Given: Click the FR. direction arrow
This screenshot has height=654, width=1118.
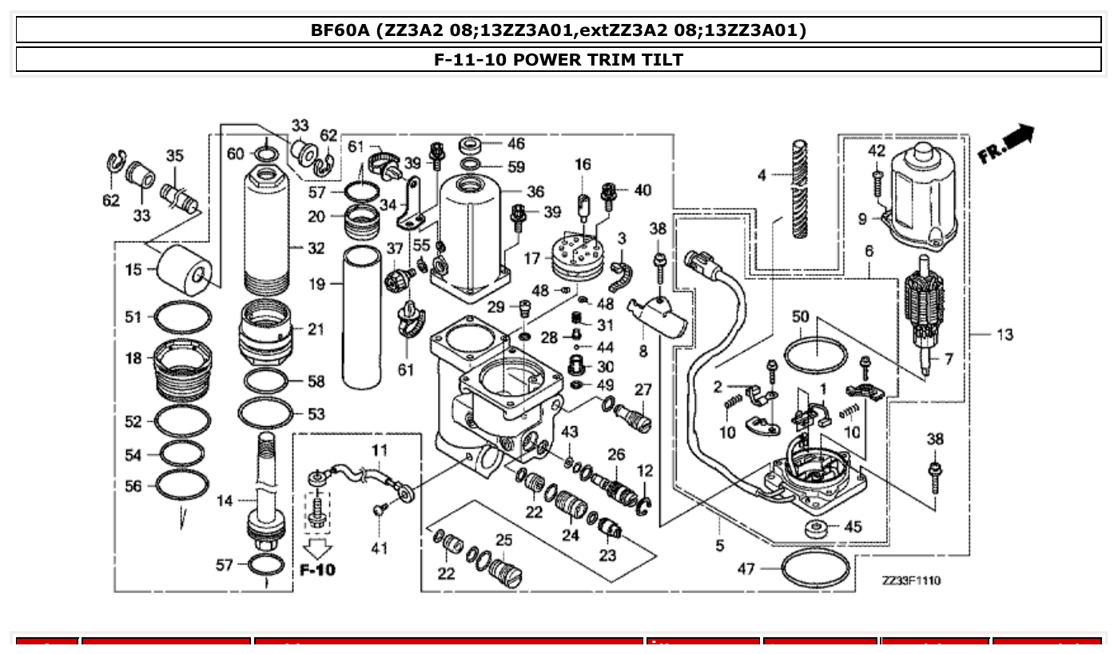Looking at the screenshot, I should (x=1008, y=144).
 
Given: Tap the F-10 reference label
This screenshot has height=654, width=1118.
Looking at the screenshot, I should (x=317, y=569).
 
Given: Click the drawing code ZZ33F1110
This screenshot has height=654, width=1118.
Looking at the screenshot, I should (x=911, y=580).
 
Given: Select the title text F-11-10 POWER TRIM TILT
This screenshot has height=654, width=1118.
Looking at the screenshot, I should (x=559, y=59).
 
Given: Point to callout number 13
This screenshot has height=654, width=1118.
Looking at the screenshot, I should (x=1004, y=334).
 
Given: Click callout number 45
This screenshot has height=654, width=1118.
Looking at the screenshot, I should (x=853, y=527).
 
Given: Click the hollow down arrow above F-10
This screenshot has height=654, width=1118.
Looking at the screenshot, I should (x=319, y=548).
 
